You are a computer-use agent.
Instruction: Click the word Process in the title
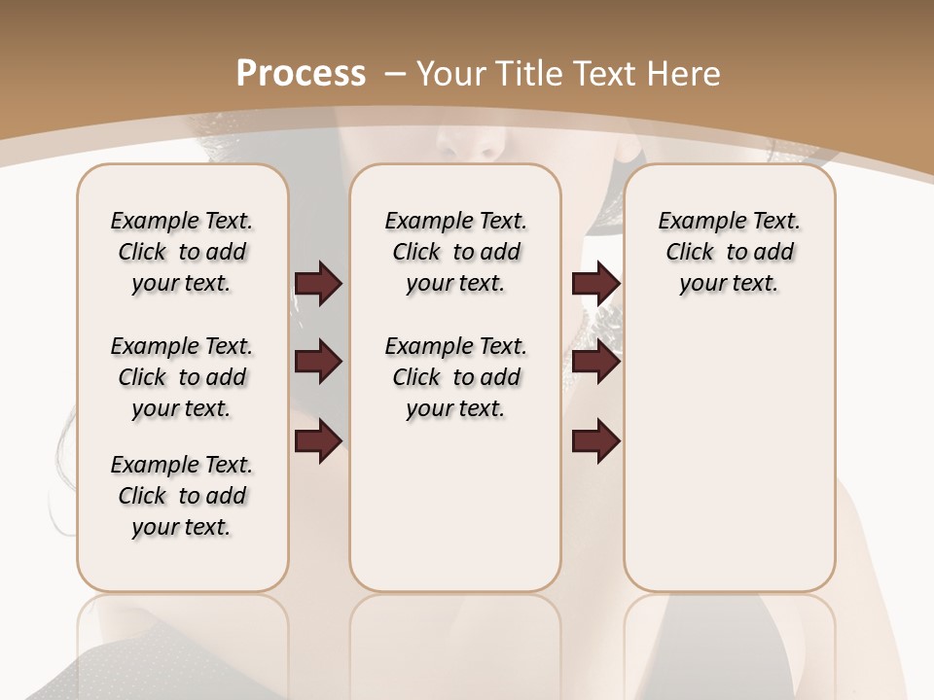point(301,73)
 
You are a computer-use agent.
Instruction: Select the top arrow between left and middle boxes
point(318,284)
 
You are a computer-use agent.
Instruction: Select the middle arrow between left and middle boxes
point(318,362)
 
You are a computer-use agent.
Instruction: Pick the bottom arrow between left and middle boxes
point(318,441)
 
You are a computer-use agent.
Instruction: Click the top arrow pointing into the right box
point(595,284)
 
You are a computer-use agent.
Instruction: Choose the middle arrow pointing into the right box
point(595,362)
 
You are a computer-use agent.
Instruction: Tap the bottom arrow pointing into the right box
point(595,441)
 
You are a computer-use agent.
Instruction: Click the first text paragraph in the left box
point(182,252)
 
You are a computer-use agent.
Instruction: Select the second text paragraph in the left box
point(182,377)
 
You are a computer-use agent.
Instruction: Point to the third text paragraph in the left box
point(182,496)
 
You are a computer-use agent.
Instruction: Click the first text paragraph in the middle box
point(455,252)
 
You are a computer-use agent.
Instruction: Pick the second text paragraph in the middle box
point(455,377)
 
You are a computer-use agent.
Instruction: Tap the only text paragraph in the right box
point(729,252)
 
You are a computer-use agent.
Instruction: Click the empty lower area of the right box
point(729,467)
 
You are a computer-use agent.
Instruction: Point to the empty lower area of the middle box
point(455,506)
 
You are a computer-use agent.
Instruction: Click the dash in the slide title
point(395,73)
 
